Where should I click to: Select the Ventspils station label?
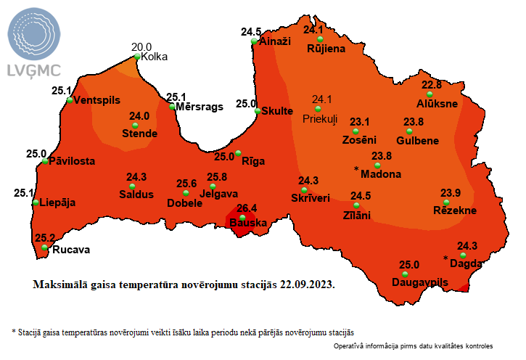pos(97,100)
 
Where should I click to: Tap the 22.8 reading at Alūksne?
pos(432,85)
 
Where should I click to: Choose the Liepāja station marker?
pos(36,202)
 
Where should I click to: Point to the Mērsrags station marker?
pos(173,107)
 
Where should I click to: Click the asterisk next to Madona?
pos(356,168)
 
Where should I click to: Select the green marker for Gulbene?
pos(409,131)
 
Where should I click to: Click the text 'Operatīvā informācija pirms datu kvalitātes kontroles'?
pos(414,346)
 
